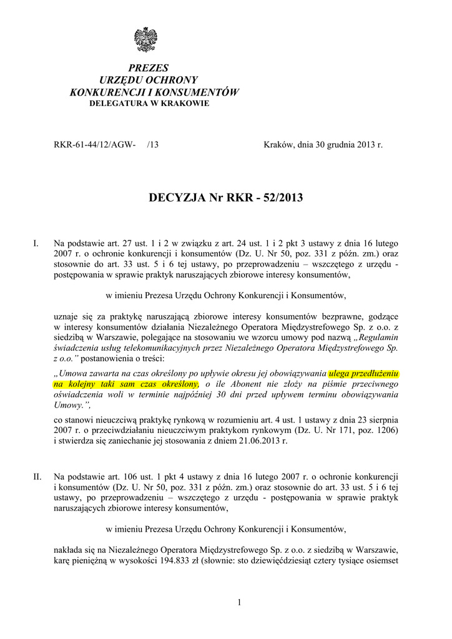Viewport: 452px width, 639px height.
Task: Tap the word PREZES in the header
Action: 149,67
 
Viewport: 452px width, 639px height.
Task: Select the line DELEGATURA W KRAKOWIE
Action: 149,103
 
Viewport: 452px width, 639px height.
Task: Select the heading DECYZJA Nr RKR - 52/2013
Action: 226,198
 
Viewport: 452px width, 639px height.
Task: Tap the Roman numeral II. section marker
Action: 37,477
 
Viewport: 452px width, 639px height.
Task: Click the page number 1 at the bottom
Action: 239,602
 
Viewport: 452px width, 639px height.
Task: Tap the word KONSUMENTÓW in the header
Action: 195,92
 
